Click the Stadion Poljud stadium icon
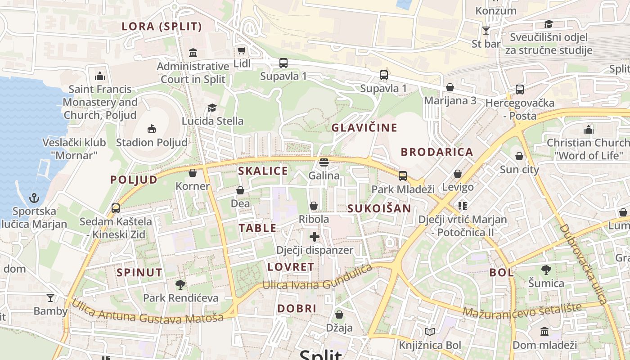[152, 129]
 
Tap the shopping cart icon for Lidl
[242, 50]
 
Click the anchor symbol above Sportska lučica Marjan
[34, 198]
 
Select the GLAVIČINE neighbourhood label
[364, 127]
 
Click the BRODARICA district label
[437, 152]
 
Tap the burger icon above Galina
[324, 162]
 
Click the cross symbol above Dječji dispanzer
[315, 237]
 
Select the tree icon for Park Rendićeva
[180, 284]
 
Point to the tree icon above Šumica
[546, 270]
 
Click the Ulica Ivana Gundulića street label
[318, 279]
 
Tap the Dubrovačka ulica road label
[584, 264]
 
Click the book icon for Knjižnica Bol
[430, 332]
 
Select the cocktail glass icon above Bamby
[50, 298]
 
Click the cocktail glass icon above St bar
[486, 30]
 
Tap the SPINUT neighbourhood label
[139, 272]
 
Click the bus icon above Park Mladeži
[403, 175]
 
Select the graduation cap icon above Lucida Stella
[212, 108]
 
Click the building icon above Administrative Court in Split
[193, 53]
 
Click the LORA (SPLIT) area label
[162, 27]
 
